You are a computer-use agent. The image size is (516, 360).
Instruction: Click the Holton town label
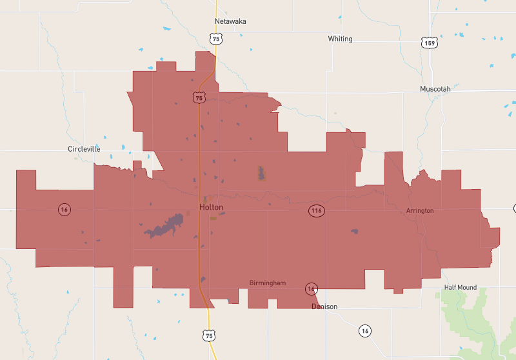click(x=211, y=207)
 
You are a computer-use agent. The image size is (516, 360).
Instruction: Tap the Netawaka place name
click(x=230, y=21)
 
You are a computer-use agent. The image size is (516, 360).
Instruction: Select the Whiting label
click(x=340, y=39)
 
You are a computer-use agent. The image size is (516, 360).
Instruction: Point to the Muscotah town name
click(x=435, y=88)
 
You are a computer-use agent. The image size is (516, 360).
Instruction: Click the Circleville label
click(x=84, y=148)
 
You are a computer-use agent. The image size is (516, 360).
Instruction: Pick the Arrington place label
click(x=420, y=211)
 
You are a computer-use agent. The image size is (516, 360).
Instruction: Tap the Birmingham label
click(x=267, y=283)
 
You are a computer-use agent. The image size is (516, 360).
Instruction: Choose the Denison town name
click(x=324, y=306)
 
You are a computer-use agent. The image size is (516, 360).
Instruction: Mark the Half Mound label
click(x=460, y=287)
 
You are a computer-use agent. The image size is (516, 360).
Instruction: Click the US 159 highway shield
click(x=429, y=43)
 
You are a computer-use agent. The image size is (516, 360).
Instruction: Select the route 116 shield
click(x=315, y=211)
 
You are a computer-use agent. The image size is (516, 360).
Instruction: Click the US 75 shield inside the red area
click(x=199, y=97)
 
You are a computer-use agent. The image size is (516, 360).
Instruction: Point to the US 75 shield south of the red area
click(x=208, y=335)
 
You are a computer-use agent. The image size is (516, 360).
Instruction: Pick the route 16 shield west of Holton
click(x=64, y=209)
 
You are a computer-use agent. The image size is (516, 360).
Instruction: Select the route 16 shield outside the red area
click(x=365, y=331)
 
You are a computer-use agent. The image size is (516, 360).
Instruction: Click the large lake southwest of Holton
click(x=163, y=226)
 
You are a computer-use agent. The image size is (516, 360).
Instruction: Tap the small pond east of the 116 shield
click(x=354, y=232)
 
